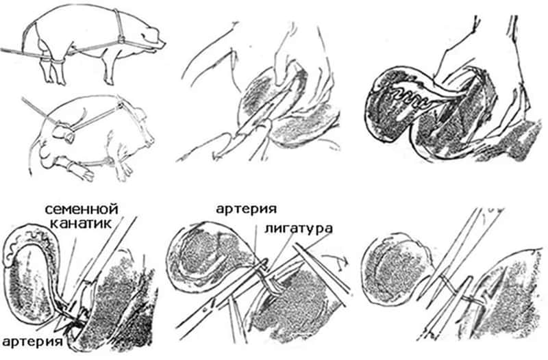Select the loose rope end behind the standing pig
tap(10, 49)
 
